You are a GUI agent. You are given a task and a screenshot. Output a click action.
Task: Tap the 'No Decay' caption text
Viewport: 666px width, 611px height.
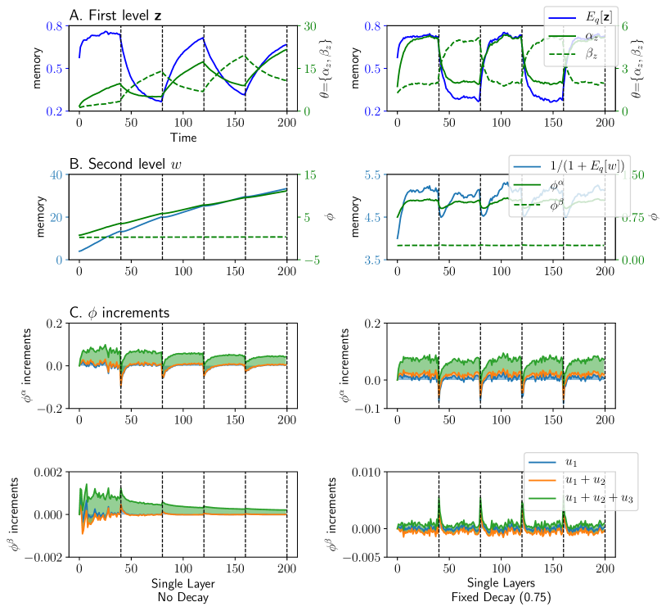[182, 597]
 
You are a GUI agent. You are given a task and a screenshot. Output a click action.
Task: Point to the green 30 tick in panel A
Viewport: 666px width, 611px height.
[308, 25]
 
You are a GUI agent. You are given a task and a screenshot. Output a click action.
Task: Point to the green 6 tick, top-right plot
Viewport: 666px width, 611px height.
[623, 25]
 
